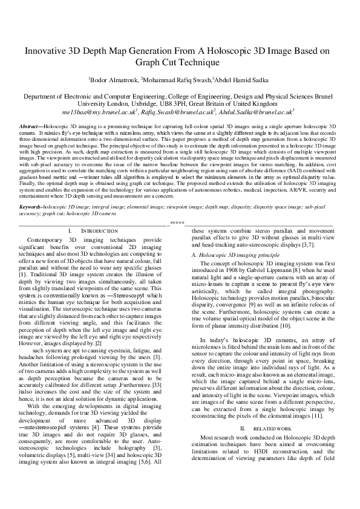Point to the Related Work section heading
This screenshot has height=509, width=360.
tap(273, 445)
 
